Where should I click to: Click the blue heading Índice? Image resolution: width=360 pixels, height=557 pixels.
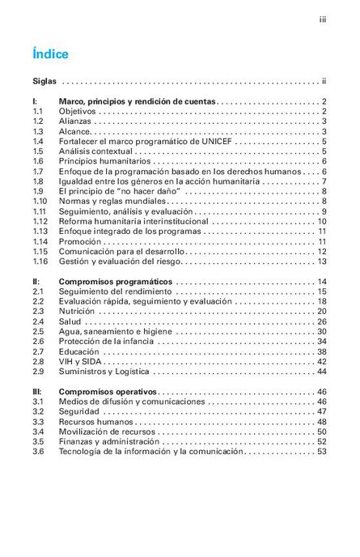(x=50, y=54)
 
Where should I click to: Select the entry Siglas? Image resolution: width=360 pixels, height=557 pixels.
(x=45, y=82)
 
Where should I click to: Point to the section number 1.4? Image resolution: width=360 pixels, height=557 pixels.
(x=38, y=141)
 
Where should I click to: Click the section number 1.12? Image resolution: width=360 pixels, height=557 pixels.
(x=40, y=221)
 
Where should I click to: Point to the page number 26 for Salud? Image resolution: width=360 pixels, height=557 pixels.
(x=320, y=321)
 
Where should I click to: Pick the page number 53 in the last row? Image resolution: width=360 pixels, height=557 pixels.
(x=320, y=452)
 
